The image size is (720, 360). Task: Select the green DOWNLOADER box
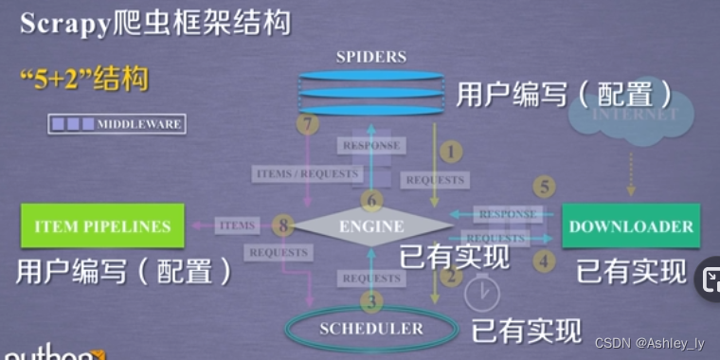click(x=631, y=226)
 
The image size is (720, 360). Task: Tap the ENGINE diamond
click(x=371, y=225)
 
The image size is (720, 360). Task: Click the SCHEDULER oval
click(x=371, y=328)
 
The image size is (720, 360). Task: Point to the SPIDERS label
click(x=370, y=58)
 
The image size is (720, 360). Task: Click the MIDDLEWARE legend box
click(x=117, y=124)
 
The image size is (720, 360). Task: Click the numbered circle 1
click(x=452, y=151)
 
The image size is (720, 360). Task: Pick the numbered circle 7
click(x=305, y=124)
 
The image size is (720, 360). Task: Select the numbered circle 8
click(x=281, y=225)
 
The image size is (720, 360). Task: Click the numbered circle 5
click(x=544, y=187)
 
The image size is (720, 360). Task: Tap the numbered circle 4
click(x=544, y=258)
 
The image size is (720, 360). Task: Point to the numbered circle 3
click(x=371, y=302)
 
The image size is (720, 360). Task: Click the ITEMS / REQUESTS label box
click(x=307, y=173)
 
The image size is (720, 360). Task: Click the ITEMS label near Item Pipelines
click(x=237, y=225)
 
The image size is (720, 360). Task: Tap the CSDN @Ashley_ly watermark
click(x=649, y=343)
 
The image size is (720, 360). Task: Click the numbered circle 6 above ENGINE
click(x=371, y=200)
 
